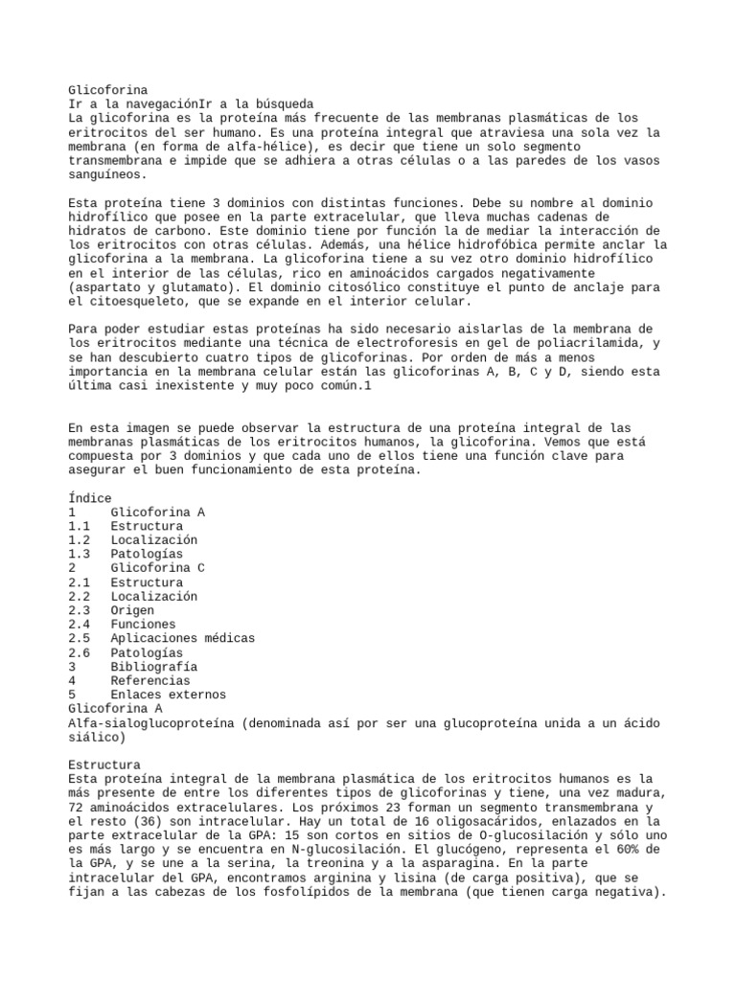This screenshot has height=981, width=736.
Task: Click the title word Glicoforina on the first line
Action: (x=107, y=89)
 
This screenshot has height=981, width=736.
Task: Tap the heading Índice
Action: (x=90, y=498)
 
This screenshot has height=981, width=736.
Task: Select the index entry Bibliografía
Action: (x=154, y=666)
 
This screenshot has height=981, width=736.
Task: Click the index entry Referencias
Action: (x=150, y=680)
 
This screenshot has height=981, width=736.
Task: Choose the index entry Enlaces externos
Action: (x=168, y=694)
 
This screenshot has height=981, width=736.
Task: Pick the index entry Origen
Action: (x=132, y=610)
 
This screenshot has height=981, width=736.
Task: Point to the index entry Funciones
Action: (x=143, y=624)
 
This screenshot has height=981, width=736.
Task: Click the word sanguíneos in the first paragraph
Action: (x=108, y=175)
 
